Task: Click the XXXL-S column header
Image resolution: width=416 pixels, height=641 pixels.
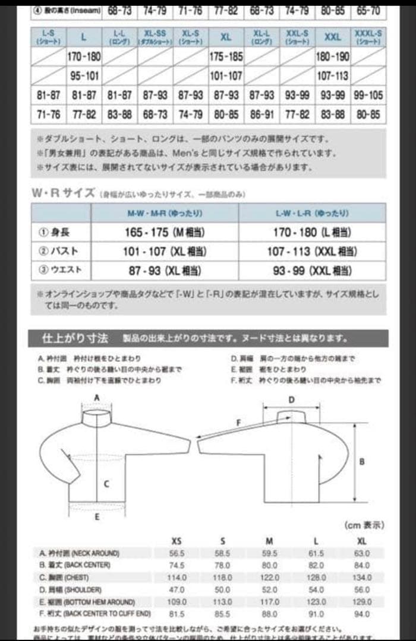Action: (x=368, y=37)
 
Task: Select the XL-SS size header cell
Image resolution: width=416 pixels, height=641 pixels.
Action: (x=155, y=37)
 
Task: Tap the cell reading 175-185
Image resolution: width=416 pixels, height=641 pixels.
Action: (x=226, y=58)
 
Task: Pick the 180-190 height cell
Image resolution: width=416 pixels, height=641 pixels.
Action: (x=333, y=58)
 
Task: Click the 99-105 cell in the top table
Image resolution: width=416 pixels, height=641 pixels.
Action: (x=368, y=95)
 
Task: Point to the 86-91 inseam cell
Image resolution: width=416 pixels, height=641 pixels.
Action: (x=261, y=114)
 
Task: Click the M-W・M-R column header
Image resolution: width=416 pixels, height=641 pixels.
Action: (x=165, y=212)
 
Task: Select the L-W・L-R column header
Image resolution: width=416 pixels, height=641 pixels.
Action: (x=312, y=212)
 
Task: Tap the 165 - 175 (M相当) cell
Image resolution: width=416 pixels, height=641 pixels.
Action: (x=165, y=232)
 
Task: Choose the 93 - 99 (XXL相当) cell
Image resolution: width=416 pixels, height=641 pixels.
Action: (x=312, y=271)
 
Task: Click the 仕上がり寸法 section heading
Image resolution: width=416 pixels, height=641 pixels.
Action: (x=75, y=338)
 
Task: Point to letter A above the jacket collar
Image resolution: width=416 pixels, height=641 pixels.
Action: (x=96, y=397)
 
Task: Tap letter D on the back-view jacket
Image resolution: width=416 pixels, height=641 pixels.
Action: (x=292, y=400)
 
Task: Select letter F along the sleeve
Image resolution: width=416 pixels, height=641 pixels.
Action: (x=238, y=423)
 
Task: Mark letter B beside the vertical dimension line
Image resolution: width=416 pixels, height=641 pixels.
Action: (x=362, y=461)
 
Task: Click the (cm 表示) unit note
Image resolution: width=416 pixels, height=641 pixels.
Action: (x=364, y=525)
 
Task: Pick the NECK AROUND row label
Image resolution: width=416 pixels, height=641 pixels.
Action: (x=79, y=553)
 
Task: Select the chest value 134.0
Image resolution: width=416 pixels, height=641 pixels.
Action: (x=363, y=577)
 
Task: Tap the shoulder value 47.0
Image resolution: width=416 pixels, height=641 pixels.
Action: (x=177, y=589)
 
